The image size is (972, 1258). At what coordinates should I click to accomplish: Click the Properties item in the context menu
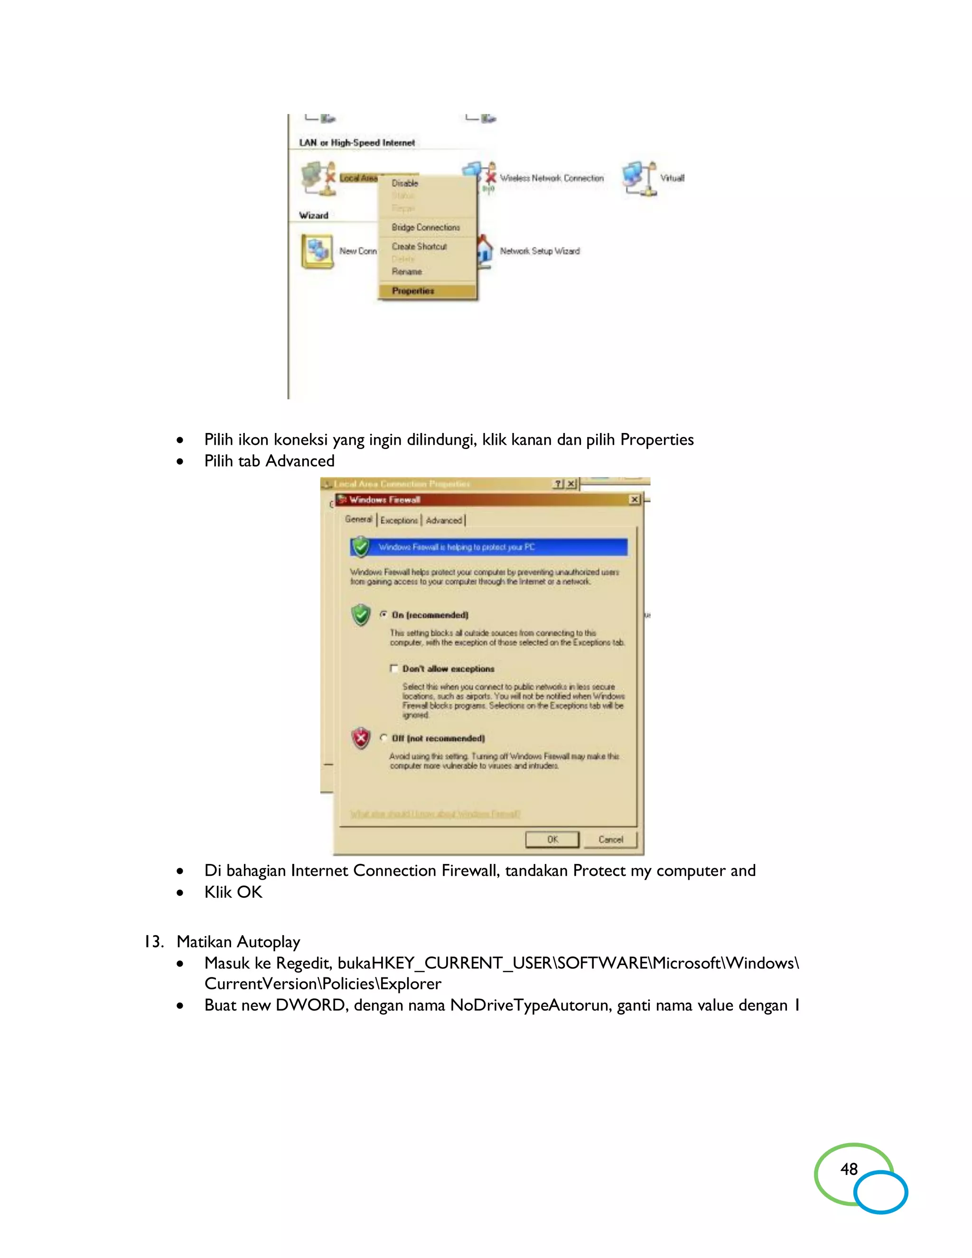[x=413, y=291]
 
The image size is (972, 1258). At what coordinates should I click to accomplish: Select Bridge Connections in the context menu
[x=426, y=227]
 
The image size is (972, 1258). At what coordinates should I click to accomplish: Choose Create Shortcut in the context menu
[x=419, y=246]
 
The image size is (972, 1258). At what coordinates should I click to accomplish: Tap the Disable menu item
[x=405, y=183]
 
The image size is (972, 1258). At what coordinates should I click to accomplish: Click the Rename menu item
[x=407, y=271]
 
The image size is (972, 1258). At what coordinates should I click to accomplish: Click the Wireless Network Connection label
[x=551, y=178]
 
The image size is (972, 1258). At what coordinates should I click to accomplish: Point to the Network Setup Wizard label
[x=540, y=251]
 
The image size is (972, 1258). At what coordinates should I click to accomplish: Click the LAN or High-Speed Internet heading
[x=356, y=143]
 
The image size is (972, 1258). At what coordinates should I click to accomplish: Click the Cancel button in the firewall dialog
[x=610, y=839]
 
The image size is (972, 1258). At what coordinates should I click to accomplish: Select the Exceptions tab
[x=399, y=520]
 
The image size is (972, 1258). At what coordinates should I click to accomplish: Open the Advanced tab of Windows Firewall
[x=443, y=520]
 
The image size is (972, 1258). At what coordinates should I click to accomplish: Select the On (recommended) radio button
[x=383, y=615]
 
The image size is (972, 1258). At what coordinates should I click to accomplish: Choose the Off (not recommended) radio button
[x=383, y=738]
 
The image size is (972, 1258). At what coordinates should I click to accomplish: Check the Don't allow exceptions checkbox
[x=394, y=668]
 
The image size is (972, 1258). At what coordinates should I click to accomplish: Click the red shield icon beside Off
[x=361, y=738]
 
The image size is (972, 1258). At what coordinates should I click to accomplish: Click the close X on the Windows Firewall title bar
[x=634, y=499]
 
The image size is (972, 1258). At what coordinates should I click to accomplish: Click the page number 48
[x=849, y=1169]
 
